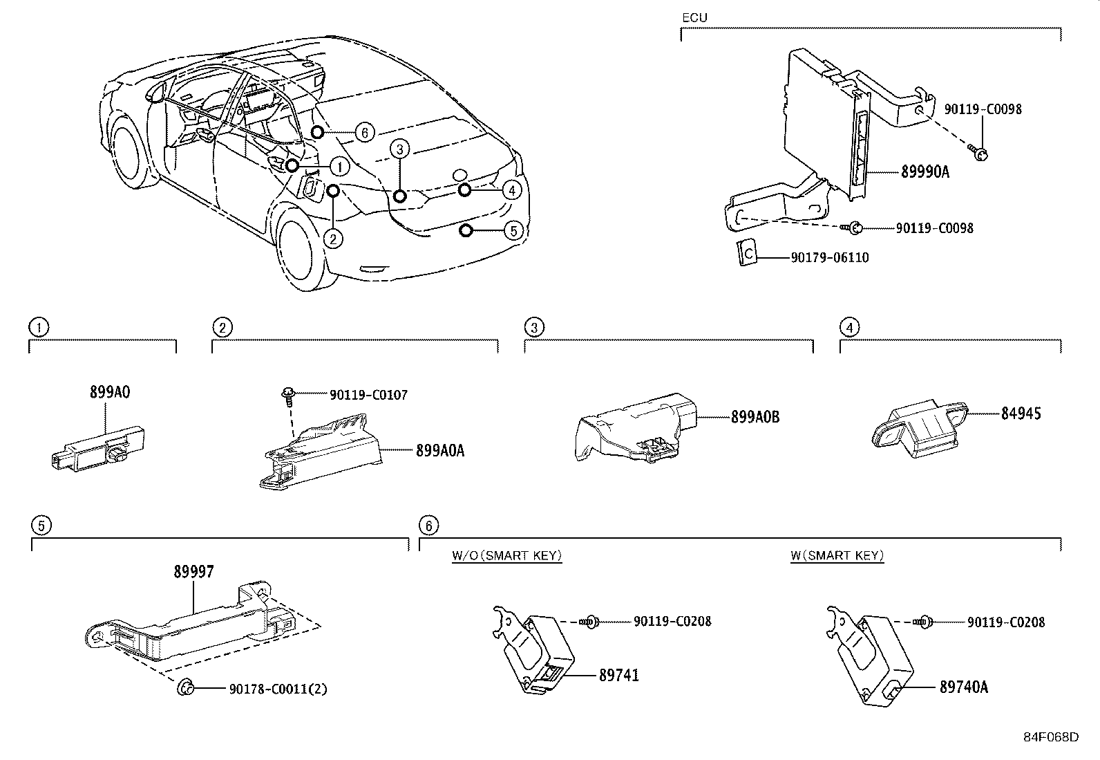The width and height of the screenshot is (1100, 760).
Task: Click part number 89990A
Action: pos(924,172)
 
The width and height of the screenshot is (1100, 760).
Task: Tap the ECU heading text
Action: pos(694,18)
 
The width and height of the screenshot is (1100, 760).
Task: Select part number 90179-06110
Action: pos(830,258)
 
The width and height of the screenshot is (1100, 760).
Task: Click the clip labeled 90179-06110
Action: pos(746,252)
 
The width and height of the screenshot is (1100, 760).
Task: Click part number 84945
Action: pos(1021,414)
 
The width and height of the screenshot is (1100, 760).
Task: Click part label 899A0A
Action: pos(440,451)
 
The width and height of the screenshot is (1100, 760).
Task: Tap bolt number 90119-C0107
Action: pos(368,396)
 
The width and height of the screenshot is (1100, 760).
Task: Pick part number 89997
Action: pos(193,572)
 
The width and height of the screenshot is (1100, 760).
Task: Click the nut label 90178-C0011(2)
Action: pos(278,689)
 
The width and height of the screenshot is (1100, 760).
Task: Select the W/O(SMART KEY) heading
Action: pos(506,555)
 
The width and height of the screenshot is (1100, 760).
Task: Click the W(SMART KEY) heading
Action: pos(837,555)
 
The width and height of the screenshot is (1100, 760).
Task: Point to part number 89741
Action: pos(618,675)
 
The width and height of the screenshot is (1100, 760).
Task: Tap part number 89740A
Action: pos(963,687)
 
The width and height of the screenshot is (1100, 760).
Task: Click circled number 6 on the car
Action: pos(365,132)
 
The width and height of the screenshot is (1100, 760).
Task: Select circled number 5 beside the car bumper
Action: pos(513,230)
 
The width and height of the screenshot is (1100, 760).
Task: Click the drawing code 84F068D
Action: pos(1050,736)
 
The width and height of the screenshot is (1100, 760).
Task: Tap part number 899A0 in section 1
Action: pos(110,392)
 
